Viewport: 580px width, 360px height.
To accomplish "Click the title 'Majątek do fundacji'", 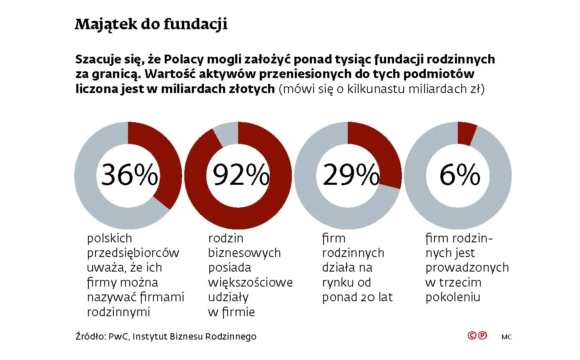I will pos(151,25).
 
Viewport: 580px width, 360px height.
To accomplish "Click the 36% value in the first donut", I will pos(129,175).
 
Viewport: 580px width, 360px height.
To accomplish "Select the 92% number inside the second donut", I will pos(241,175).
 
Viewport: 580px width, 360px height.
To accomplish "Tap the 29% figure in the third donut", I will pos(351,175).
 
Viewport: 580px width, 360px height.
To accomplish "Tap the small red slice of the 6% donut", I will pos(466,132).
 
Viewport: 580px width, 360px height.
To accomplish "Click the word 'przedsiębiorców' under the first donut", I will pos(133,253).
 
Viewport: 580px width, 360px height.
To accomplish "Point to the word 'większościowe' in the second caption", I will pos(250,282).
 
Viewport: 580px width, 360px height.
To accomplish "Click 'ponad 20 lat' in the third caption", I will pos(357,297).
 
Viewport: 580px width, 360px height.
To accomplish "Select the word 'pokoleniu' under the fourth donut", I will pos(453,297).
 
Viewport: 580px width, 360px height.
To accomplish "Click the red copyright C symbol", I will pos(472,335).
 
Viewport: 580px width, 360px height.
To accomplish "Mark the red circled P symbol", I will pos(482,335).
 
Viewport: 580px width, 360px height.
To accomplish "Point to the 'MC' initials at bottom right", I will pos(507,337).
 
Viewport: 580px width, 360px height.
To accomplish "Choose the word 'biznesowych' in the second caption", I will pos(244,253).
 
